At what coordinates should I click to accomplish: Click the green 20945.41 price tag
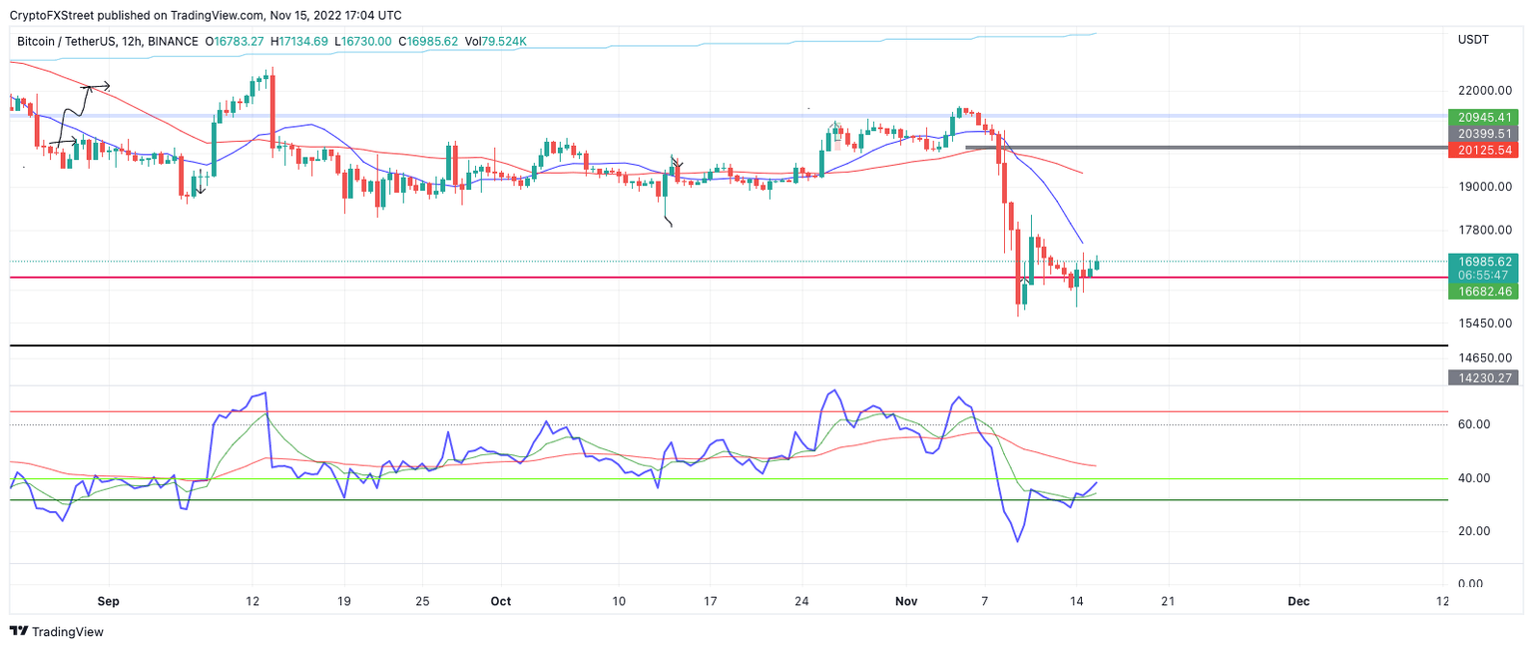[1484, 117]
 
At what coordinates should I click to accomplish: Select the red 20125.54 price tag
[1484, 150]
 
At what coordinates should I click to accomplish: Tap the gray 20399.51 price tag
[1484, 133]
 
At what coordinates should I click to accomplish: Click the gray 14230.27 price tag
[1484, 377]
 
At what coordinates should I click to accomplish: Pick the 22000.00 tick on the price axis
[1480, 91]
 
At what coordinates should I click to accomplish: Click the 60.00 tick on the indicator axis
[1474, 424]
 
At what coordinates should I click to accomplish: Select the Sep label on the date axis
[109, 602]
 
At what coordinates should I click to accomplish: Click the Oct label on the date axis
[500, 602]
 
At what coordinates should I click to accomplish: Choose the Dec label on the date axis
[1297, 602]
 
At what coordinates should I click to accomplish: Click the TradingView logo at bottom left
[57, 632]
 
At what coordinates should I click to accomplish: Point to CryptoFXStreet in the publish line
[51, 15]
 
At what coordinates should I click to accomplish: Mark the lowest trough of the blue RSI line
[1017, 541]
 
